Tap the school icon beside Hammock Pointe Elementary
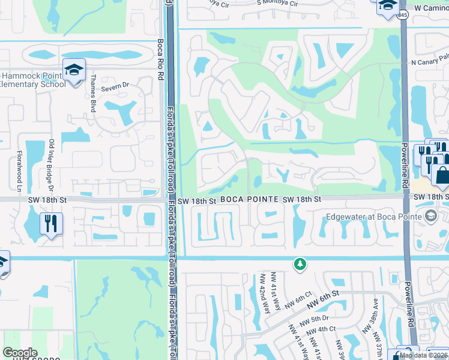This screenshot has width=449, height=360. [x=74, y=71]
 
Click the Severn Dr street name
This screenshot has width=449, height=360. [x=116, y=86]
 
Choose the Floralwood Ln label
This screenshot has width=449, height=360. [x=19, y=168]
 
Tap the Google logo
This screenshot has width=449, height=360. [x=20, y=352]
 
